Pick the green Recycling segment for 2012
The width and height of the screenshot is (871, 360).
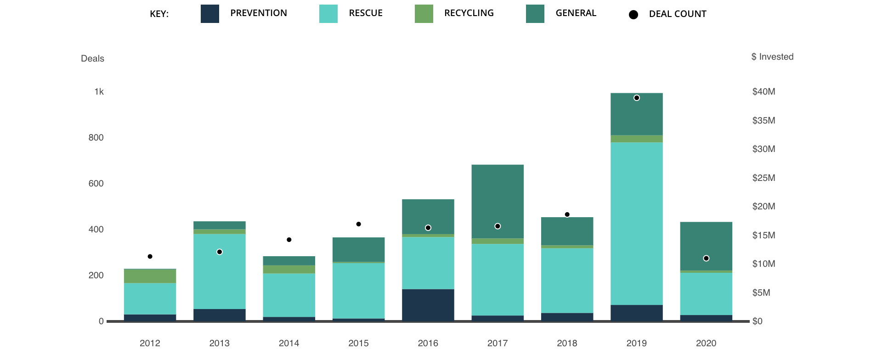150,276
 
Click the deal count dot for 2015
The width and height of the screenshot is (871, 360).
358,224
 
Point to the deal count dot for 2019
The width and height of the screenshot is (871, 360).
636,98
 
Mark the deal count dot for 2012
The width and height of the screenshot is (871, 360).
150,256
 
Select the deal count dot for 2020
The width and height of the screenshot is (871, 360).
706,258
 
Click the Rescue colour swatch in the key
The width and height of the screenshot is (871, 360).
328,13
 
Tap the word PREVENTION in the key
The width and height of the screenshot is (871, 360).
258,13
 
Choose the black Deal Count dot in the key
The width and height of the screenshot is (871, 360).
633,15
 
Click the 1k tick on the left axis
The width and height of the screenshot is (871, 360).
99,92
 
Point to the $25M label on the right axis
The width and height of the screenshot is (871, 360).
763,178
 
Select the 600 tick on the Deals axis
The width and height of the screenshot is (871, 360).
96,184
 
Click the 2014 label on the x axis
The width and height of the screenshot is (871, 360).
288,343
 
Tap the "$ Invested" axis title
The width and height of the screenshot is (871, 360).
772,57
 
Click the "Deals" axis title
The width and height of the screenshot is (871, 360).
92,59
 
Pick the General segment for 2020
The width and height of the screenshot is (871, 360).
706,246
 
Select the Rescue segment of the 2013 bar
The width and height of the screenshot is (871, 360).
219,271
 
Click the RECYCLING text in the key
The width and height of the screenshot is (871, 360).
469,13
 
